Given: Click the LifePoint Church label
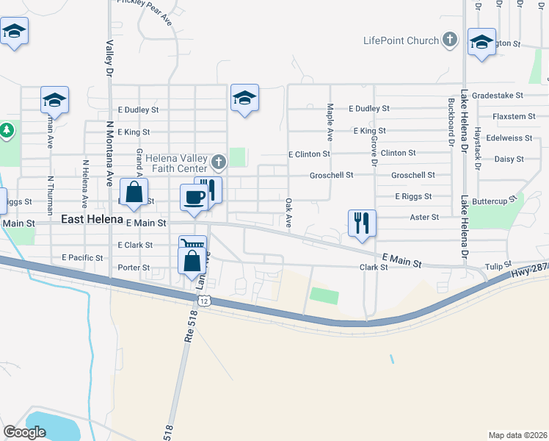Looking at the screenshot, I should [401, 40].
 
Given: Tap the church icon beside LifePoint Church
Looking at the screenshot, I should [450, 40].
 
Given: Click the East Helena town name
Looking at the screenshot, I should [92, 220].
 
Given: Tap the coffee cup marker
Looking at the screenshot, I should [194, 197].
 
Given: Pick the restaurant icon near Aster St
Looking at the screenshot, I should [362, 223].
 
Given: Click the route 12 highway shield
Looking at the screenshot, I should [204, 301].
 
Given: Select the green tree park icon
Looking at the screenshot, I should [7, 131].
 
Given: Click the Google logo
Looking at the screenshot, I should [25, 432].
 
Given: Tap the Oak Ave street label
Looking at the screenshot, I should [288, 212].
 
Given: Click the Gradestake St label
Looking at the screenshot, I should [498, 96].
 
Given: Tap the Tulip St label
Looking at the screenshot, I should [498, 266].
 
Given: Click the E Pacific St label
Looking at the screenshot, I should [82, 258].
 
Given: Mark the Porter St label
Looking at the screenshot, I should [134, 268].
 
